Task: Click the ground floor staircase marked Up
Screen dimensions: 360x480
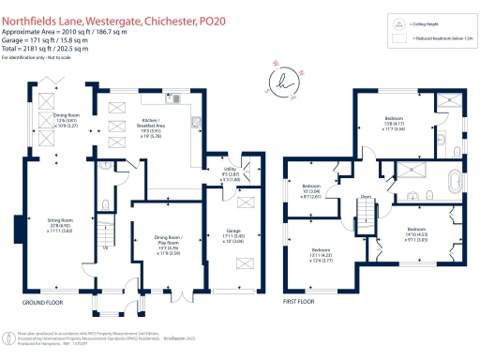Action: click(106, 231)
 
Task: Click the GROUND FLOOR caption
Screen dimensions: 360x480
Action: click(43, 303)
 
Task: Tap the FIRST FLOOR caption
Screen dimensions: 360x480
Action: click(301, 303)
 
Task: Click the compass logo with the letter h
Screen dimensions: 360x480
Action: click(282, 81)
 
